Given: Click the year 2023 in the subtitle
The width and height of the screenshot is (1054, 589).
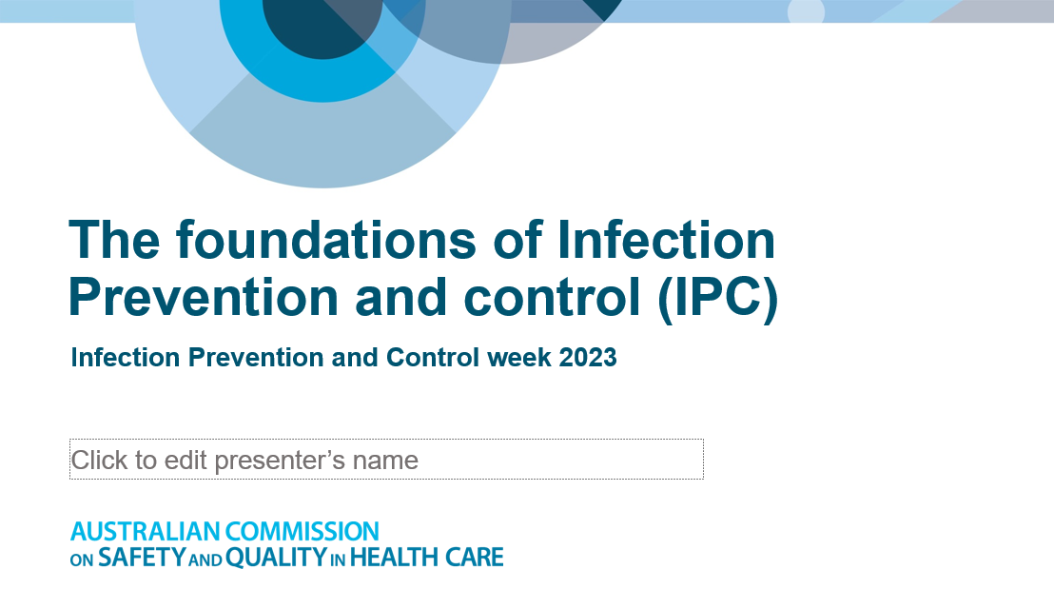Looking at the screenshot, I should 588,358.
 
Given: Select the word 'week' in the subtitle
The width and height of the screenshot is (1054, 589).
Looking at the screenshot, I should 519,358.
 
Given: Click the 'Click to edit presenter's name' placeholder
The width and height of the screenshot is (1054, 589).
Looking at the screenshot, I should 385,460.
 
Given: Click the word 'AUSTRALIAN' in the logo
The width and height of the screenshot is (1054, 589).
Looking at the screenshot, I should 145,531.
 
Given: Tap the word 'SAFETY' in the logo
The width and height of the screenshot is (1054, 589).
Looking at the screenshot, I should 141,558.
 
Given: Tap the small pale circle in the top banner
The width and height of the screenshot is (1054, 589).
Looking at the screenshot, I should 806,10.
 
